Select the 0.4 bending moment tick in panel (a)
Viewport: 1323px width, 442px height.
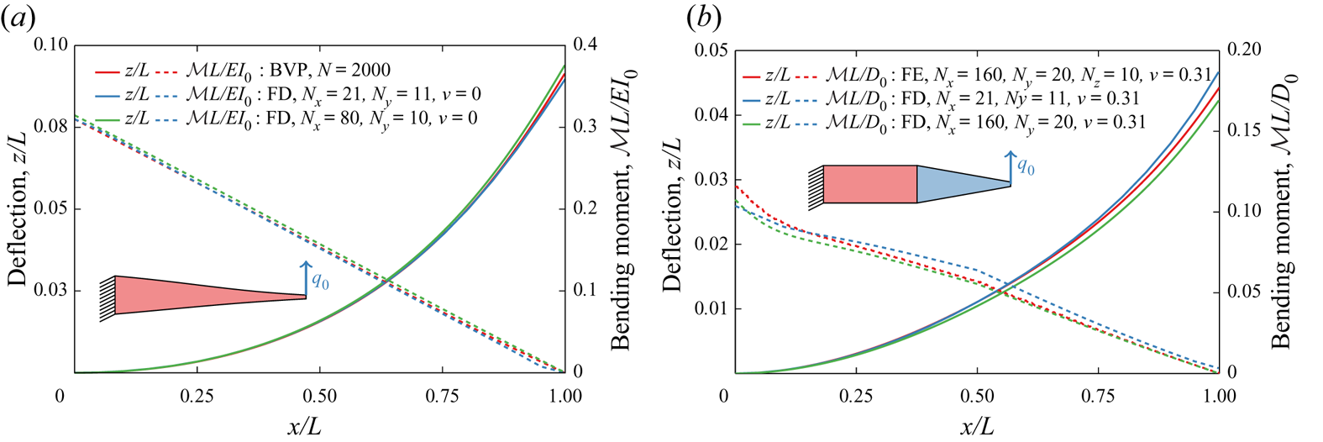585,45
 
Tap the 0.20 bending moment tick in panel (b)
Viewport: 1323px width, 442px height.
1243,50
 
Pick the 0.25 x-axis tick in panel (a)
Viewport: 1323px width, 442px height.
197,396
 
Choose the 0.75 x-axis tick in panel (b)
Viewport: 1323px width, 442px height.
1097,396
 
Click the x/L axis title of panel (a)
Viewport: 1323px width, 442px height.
304,426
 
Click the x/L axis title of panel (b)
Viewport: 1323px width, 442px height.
976,426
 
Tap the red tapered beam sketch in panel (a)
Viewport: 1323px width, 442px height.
193,295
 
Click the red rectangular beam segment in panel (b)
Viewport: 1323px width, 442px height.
869,184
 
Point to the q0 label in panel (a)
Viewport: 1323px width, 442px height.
320,281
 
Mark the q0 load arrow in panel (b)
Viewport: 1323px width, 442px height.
1011,166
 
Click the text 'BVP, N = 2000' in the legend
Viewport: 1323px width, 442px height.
330,71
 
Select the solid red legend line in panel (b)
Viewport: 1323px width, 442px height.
751,76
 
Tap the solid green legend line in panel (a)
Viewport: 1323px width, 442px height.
108,118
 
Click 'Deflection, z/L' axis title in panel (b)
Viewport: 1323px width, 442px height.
672,215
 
